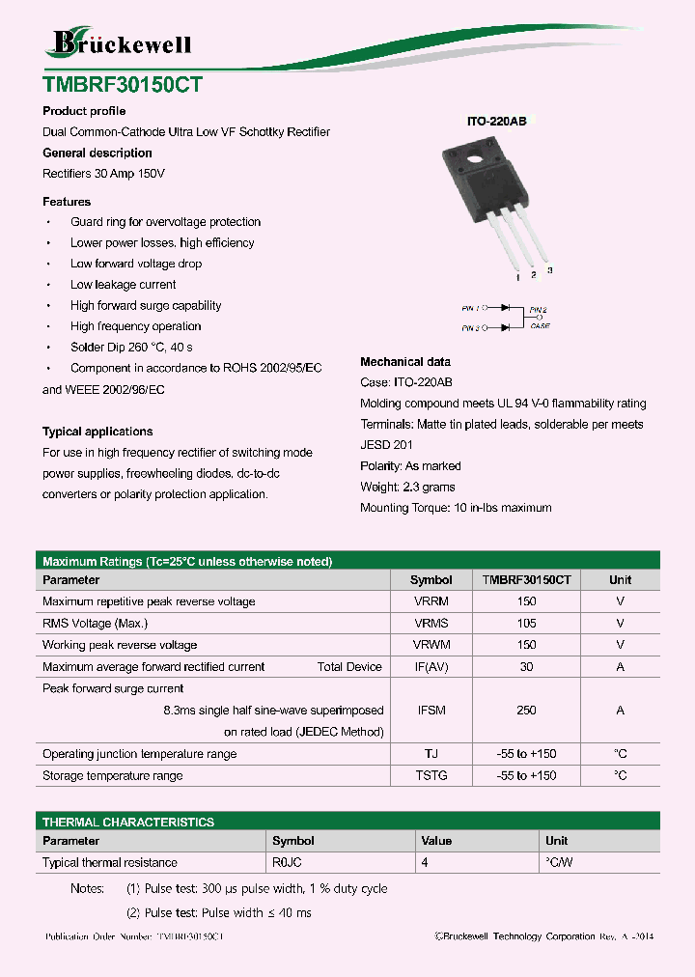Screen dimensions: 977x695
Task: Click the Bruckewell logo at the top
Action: (121, 42)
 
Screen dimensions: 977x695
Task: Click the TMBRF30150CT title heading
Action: (123, 84)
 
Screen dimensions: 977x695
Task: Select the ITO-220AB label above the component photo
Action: (496, 123)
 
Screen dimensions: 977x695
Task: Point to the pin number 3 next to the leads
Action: (549, 270)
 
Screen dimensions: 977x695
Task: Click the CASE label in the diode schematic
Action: (540, 326)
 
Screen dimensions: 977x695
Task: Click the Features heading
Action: (67, 202)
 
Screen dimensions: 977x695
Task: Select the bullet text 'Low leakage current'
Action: (123, 285)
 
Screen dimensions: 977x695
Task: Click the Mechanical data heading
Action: (404, 362)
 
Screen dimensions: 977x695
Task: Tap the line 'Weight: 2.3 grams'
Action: (407, 487)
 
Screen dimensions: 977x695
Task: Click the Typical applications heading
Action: (97, 432)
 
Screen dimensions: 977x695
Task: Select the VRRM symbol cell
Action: (431, 601)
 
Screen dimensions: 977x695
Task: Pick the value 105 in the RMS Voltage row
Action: (526, 624)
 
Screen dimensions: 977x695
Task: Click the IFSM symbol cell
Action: (431, 711)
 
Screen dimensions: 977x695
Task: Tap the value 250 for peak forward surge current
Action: (526, 711)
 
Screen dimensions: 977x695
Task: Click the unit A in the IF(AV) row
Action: (620, 667)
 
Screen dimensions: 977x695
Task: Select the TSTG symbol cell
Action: (431, 776)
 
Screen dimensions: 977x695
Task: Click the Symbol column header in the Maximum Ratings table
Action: (431, 580)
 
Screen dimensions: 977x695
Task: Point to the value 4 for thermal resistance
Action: (423, 862)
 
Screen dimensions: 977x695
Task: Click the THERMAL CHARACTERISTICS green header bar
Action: (347, 822)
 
